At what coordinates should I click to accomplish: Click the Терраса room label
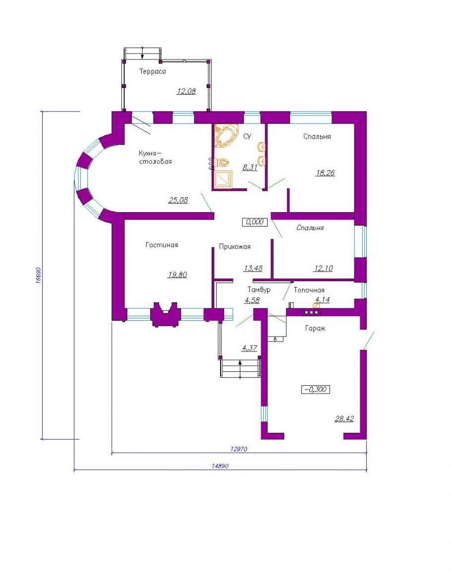point(152,71)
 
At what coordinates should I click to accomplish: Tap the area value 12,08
point(186,91)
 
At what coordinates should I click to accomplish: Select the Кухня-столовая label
point(155,157)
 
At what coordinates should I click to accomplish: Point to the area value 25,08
point(178,200)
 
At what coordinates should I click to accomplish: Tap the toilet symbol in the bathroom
point(223,163)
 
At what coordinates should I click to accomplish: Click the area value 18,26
point(325,173)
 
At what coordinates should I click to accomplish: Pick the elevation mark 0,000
point(255,222)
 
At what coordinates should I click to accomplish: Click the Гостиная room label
point(162,245)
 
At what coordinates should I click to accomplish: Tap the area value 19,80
point(177,275)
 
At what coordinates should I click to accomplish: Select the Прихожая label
point(234,246)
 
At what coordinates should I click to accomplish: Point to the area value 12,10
point(323,268)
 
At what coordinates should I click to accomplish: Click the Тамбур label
point(259,290)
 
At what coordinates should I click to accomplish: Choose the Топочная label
point(309,290)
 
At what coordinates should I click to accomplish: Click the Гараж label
point(315,329)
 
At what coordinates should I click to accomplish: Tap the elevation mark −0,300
point(315,390)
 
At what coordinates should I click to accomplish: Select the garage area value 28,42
point(344,418)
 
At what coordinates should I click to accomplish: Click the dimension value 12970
point(239,449)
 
